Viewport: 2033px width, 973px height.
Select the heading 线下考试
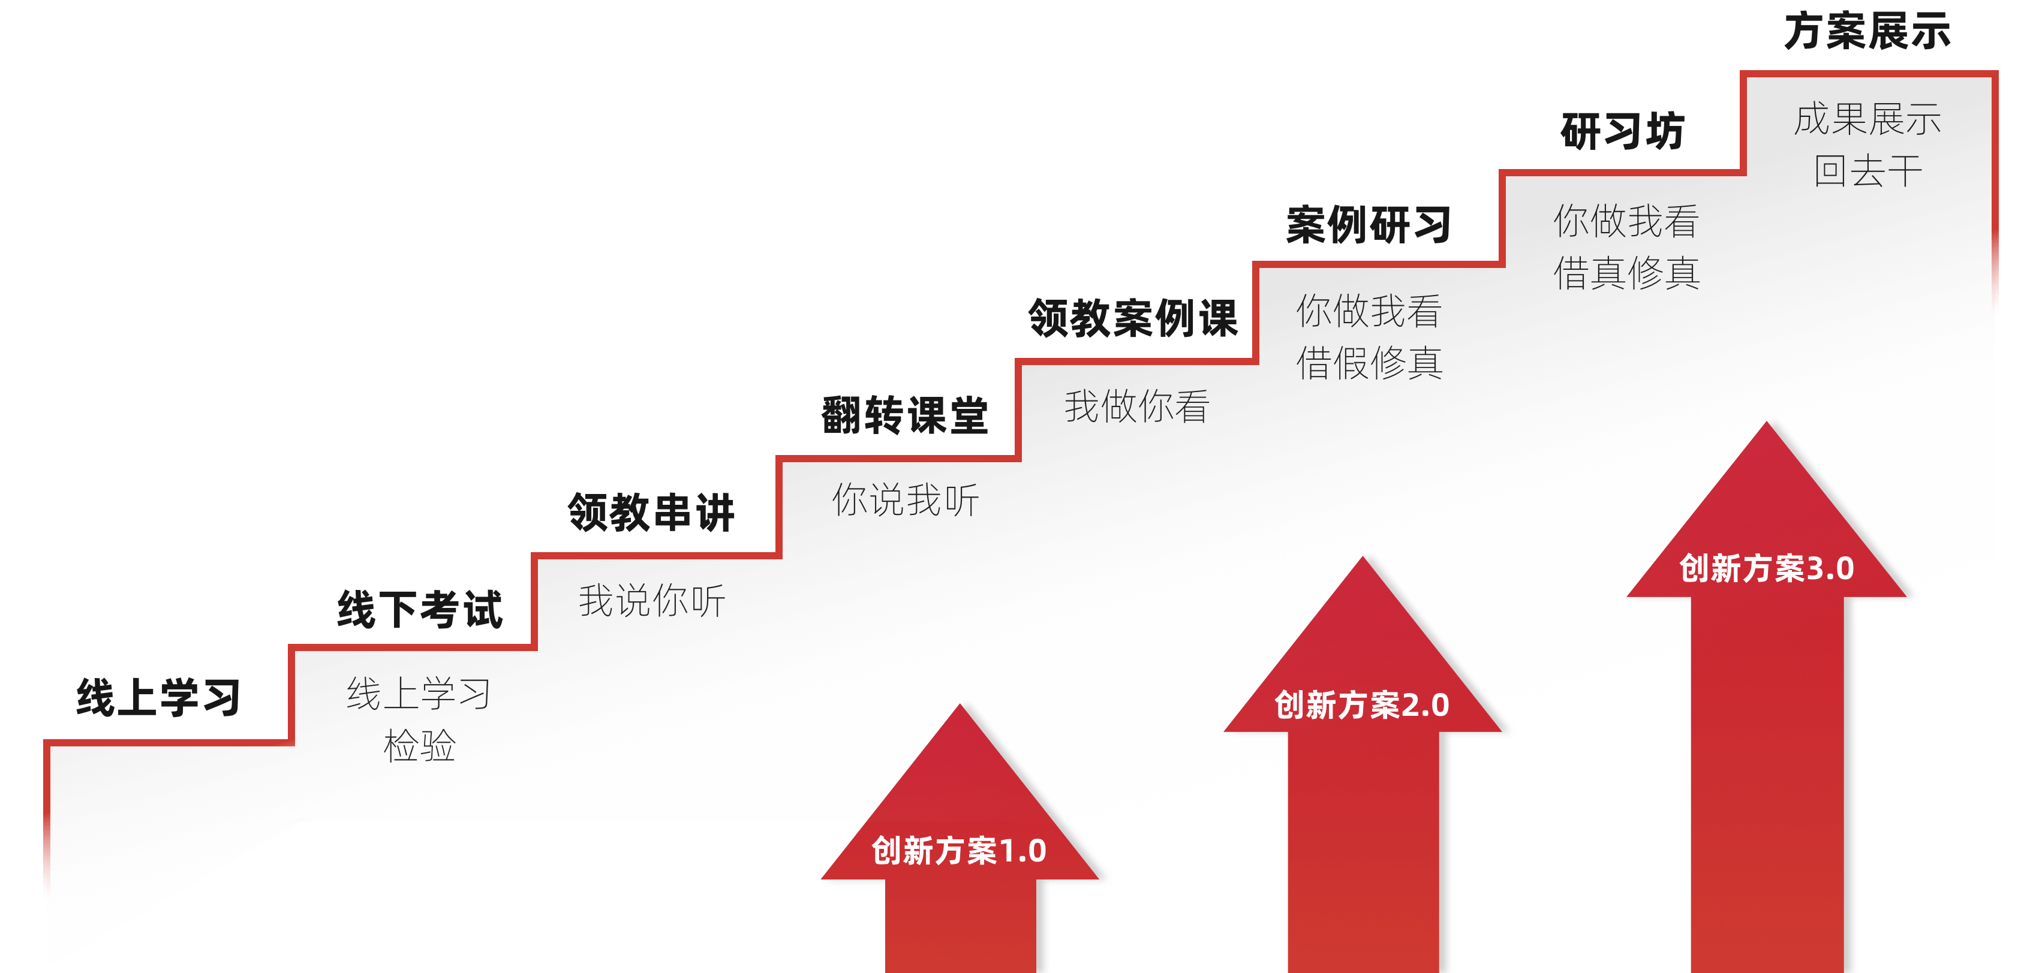tap(420, 609)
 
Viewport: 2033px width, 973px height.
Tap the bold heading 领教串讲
tap(651, 512)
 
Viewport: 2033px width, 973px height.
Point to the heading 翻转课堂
tap(904, 415)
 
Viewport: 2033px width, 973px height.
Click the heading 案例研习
tap(1369, 225)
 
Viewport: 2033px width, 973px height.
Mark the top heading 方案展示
tap(1867, 32)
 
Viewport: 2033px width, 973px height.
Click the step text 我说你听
tap(652, 601)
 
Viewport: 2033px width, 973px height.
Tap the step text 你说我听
tap(905, 499)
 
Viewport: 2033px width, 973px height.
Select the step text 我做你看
tap(1136, 406)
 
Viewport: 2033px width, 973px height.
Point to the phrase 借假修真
tap(1369, 363)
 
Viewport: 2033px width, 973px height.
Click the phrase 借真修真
tap(1626, 273)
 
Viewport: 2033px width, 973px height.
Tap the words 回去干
tap(1867, 171)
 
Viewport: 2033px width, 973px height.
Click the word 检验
tap(419, 746)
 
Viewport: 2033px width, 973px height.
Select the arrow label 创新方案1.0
tap(959, 851)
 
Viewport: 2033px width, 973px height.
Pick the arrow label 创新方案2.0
tap(1361, 704)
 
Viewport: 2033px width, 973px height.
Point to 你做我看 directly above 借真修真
tap(1626, 221)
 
